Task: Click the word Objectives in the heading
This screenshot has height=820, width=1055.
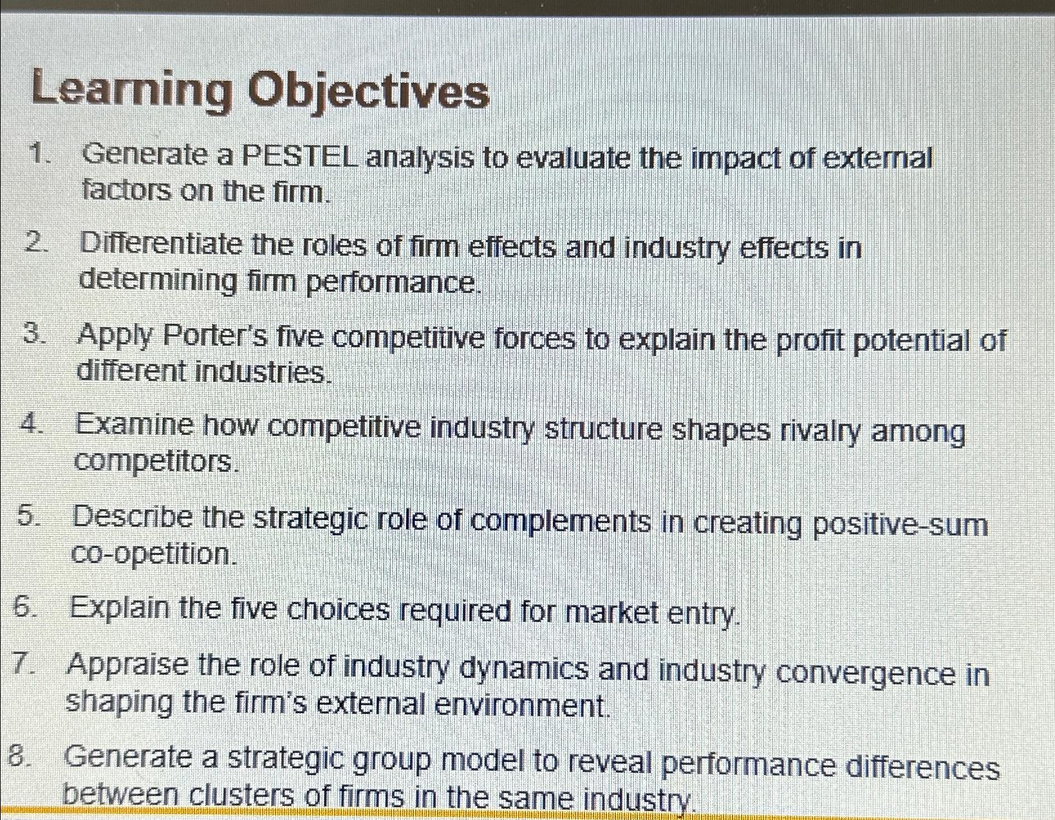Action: (x=369, y=93)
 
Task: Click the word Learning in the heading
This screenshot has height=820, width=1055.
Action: (x=132, y=89)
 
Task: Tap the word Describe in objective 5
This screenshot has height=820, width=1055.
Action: (x=133, y=516)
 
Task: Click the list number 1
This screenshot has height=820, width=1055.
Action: (x=40, y=154)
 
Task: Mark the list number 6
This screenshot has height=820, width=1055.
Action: (x=24, y=607)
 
